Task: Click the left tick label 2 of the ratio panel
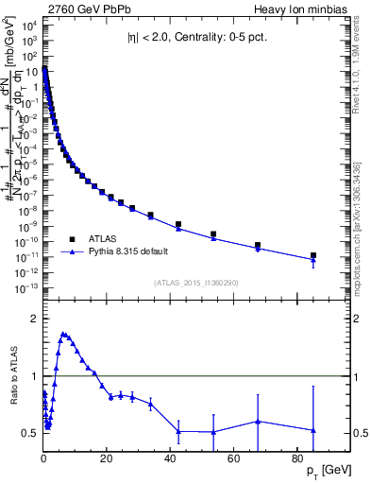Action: point(36,319)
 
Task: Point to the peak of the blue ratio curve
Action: point(62,334)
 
